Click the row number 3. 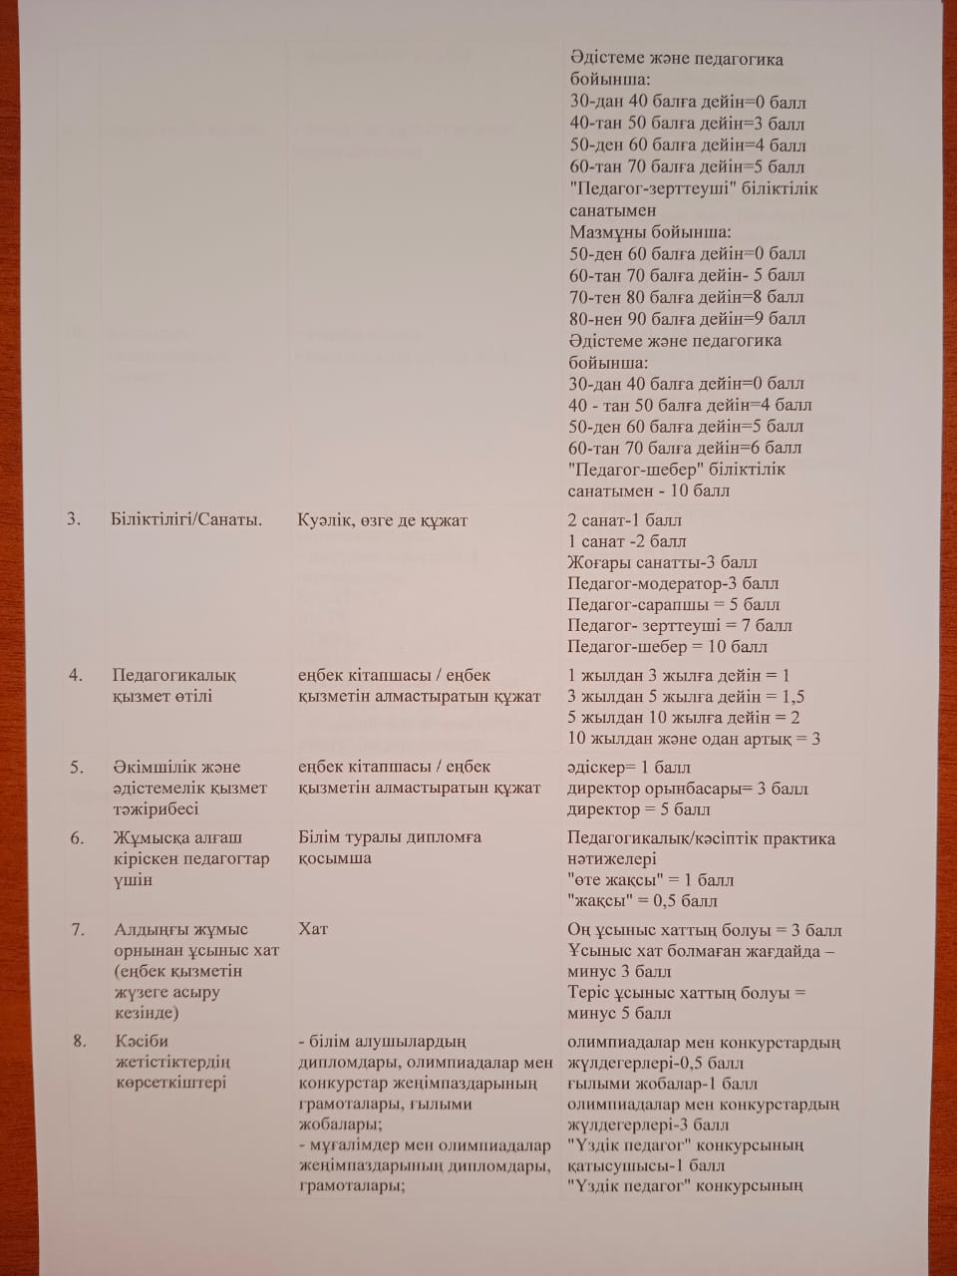(x=74, y=519)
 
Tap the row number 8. (x=80, y=1041)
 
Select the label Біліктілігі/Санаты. (x=186, y=519)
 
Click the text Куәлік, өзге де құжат (x=382, y=519)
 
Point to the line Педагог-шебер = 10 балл (x=667, y=647)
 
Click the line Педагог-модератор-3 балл (x=673, y=583)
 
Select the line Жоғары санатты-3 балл (x=662, y=562)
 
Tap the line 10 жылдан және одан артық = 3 (x=694, y=739)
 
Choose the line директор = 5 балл (x=639, y=809)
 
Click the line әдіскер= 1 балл (x=629, y=768)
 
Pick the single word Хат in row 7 (x=313, y=929)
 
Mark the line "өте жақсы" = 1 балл (x=650, y=880)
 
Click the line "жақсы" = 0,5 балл (x=642, y=901)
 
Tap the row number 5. (x=77, y=767)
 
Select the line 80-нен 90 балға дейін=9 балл (x=686, y=319)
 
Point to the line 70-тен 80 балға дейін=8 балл (x=686, y=297)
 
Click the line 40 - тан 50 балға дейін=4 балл (x=690, y=405)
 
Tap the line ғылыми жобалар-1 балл (x=662, y=1084)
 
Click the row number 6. (x=77, y=837)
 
